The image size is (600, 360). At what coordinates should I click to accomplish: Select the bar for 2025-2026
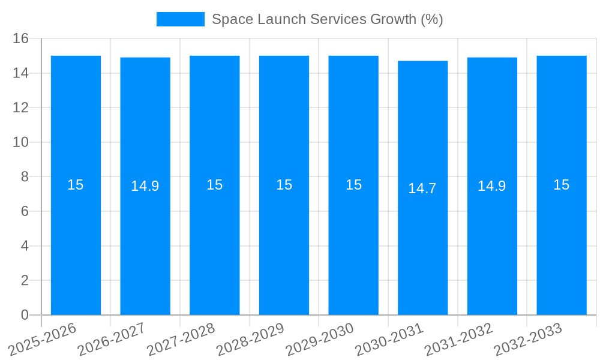pyautogui.click(x=76, y=240)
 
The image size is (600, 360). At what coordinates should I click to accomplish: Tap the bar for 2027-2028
pyautogui.click(x=214, y=240)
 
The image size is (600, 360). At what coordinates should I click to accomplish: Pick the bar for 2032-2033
pyautogui.click(x=561, y=240)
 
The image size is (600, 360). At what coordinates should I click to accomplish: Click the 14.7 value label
pyautogui.click(x=422, y=188)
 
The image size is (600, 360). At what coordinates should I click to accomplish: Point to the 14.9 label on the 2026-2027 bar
pyautogui.click(x=145, y=186)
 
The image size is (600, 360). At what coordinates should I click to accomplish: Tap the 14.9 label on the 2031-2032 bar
pyautogui.click(x=492, y=186)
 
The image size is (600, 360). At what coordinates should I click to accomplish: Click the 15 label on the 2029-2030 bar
pyautogui.click(x=353, y=185)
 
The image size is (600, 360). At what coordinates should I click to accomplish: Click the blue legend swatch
pyautogui.click(x=180, y=19)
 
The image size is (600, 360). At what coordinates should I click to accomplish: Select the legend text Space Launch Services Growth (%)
pyautogui.click(x=327, y=19)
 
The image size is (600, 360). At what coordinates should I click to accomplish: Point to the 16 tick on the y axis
pyautogui.click(x=21, y=38)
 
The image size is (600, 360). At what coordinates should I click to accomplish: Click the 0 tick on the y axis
pyautogui.click(x=25, y=315)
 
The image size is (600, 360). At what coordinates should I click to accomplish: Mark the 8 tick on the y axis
pyautogui.click(x=25, y=177)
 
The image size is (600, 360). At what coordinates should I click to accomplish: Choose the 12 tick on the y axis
pyautogui.click(x=21, y=108)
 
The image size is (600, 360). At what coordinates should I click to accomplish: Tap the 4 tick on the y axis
pyautogui.click(x=25, y=246)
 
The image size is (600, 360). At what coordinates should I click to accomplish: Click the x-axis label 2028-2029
pyautogui.click(x=250, y=339)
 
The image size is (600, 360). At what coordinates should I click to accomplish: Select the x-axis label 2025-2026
pyautogui.click(x=43, y=339)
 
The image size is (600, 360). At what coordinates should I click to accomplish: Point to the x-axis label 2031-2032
pyautogui.click(x=458, y=339)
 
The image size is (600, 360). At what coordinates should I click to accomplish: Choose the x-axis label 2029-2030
pyautogui.click(x=320, y=339)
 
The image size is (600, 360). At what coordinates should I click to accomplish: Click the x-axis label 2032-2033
pyautogui.click(x=528, y=339)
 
